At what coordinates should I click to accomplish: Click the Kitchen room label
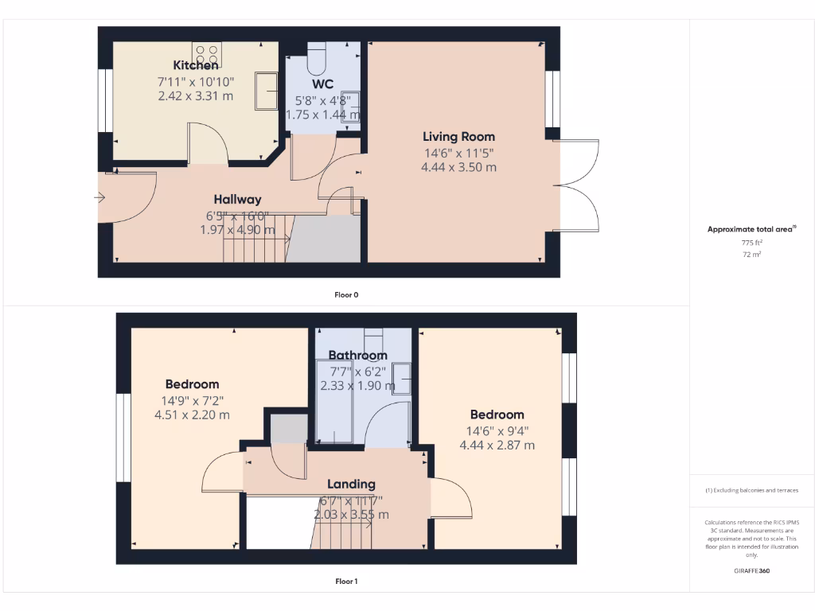coord(196,65)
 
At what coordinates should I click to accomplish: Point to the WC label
coord(322,84)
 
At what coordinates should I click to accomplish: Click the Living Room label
coord(458,137)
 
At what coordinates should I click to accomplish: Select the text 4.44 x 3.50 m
coord(458,167)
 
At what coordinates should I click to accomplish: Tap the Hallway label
coord(237,200)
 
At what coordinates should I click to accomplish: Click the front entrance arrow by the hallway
coord(101,197)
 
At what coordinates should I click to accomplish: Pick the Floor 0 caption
coord(346,295)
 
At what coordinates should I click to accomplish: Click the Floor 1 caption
coord(346,582)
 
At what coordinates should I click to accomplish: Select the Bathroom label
coord(357,356)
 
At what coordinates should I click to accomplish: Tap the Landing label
coord(352,484)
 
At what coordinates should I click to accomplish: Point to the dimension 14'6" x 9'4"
coord(497,430)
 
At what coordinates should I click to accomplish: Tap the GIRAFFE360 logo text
coord(752,570)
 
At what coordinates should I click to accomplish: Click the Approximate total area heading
coord(751,229)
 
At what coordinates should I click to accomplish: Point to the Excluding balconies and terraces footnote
coord(752,490)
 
